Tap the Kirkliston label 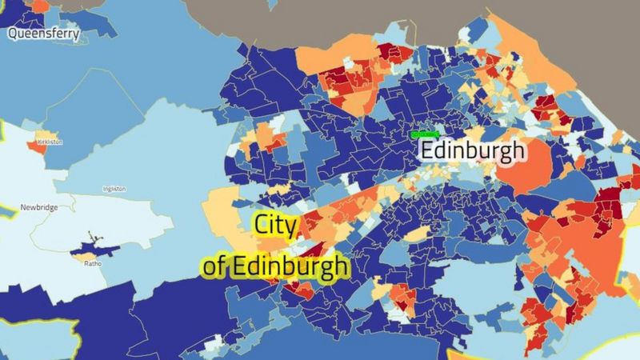[x=48, y=142]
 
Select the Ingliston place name [x=114, y=189]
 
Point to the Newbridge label [x=38, y=208]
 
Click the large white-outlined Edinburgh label [x=473, y=150]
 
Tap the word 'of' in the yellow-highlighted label [x=214, y=266]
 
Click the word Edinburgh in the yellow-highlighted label [x=289, y=266]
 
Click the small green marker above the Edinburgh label [x=426, y=134]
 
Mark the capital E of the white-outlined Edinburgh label [x=429, y=150]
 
